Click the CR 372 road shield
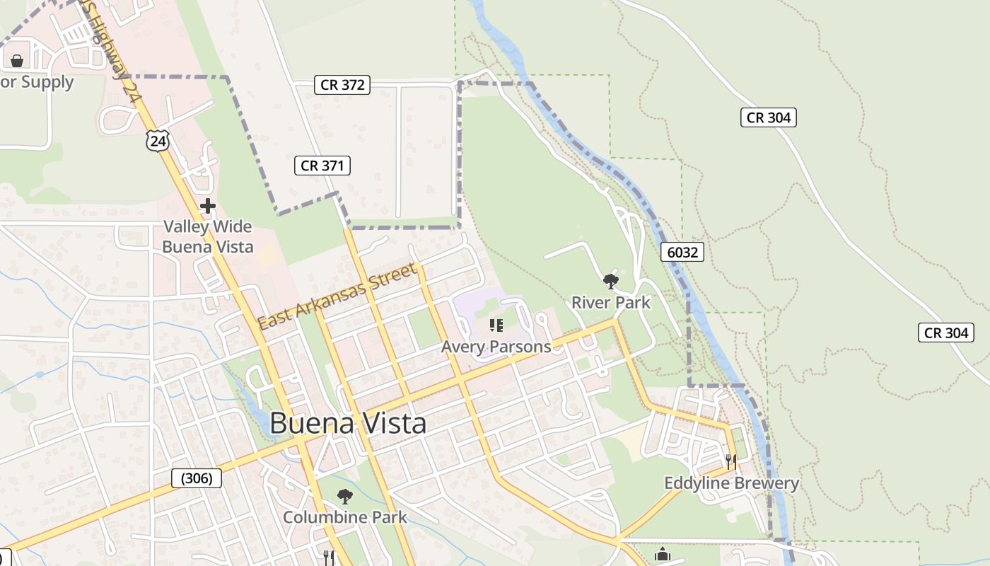click(342, 85)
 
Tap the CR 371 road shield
click(322, 166)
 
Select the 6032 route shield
click(682, 252)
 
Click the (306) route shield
click(197, 478)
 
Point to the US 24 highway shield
click(158, 141)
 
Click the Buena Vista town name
click(348, 424)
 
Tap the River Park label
click(610, 303)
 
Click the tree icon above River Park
click(610, 282)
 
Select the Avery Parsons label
click(496, 347)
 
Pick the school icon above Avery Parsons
click(496, 325)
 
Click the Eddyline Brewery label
click(731, 483)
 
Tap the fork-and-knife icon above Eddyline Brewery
click(731, 462)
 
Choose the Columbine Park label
click(345, 517)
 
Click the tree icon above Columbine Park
click(345, 496)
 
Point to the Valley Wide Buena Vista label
click(208, 237)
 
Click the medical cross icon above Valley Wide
click(208, 206)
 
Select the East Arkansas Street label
click(337, 297)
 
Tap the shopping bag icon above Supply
click(17, 61)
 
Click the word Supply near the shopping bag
click(47, 82)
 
